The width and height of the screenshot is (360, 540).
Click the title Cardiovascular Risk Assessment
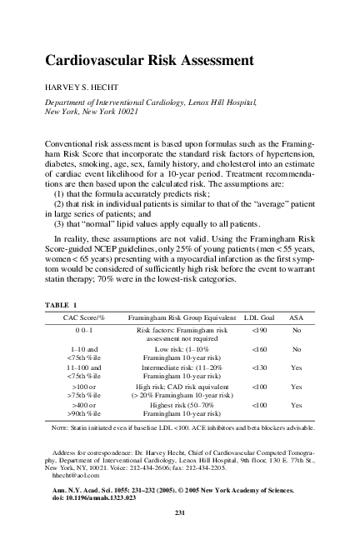click(x=147, y=60)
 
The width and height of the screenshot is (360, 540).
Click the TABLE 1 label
click(x=59, y=305)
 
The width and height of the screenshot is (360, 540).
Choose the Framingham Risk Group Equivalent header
click(x=179, y=318)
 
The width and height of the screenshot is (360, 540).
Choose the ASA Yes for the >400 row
click(x=296, y=404)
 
